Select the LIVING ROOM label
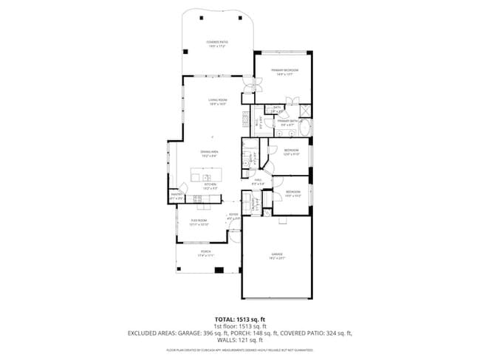click(x=216, y=102)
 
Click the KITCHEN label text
click(x=210, y=185)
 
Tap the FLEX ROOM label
click(x=200, y=222)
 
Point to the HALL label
click(x=258, y=181)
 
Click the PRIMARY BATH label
click(x=287, y=122)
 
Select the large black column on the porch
click(x=218, y=269)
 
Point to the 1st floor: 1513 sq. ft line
click(x=240, y=326)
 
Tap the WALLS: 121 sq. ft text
click(x=240, y=341)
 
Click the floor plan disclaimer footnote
click(x=240, y=349)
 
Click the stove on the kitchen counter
click(x=198, y=198)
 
